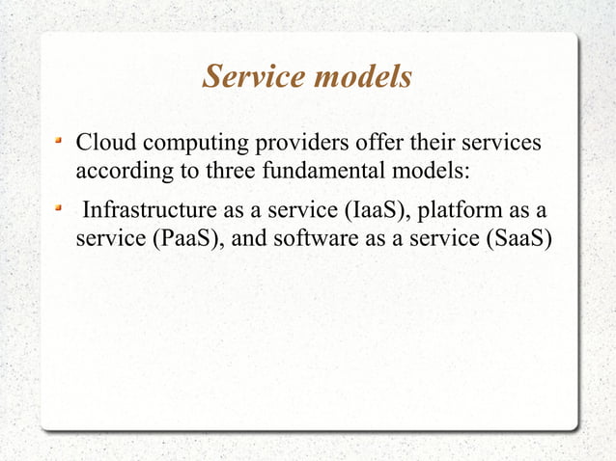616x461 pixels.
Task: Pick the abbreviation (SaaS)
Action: (516, 239)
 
